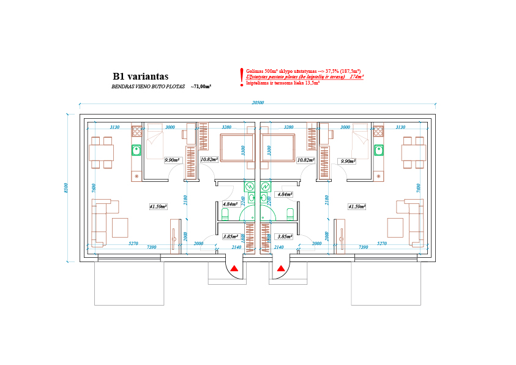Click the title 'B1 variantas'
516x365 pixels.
[x=140, y=77]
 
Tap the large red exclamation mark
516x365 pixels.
[x=242, y=76]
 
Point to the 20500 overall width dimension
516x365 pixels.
[x=257, y=103]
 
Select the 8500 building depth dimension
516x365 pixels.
[x=66, y=188]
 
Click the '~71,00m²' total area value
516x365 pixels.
[x=201, y=88]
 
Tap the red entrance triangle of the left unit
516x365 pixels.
[x=234, y=268]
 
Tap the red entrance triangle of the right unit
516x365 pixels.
[x=280, y=268]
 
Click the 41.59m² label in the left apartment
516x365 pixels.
[x=159, y=206]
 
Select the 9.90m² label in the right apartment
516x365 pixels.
[x=349, y=160]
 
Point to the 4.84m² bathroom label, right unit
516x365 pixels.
[x=285, y=194]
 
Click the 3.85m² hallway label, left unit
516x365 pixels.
[x=230, y=236]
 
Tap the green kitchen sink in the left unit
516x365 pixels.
[x=137, y=149]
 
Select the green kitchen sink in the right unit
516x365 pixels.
[x=379, y=149]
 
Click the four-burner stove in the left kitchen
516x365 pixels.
[x=137, y=130]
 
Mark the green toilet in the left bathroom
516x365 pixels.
[x=225, y=213]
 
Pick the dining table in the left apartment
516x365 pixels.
[x=102, y=152]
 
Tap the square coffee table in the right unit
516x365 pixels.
[x=395, y=227]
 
